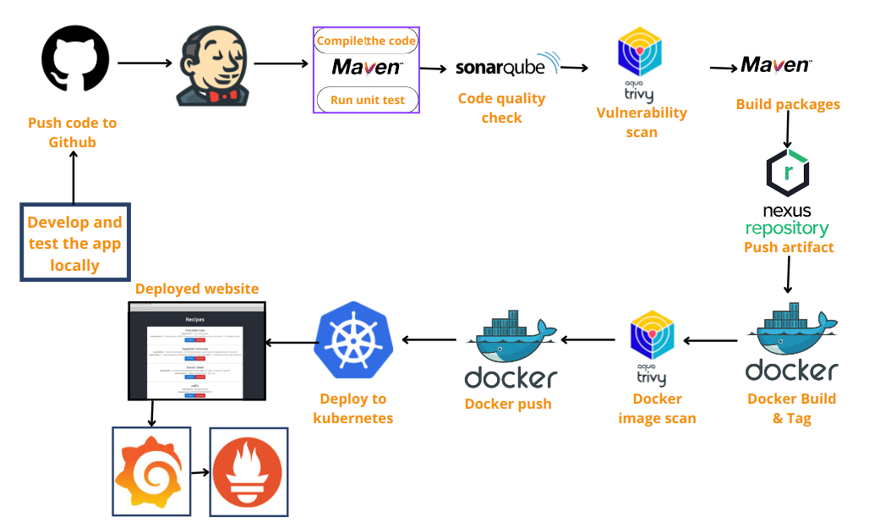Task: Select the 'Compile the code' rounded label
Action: pos(366,41)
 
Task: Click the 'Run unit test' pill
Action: pos(367,100)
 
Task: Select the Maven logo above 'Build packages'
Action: pos(774,65)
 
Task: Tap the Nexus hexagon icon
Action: pos(788,173)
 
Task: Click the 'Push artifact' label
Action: pos(789,247)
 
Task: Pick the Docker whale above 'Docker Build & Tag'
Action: pos(791,333)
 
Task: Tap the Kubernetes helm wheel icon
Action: pos(353,342)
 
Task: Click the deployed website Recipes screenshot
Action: pos(196,350)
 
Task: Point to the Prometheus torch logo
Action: pos(249,471)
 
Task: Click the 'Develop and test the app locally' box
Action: pos(74,243)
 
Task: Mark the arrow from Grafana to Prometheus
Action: pos(200,472)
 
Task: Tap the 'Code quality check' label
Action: pos(501,107)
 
